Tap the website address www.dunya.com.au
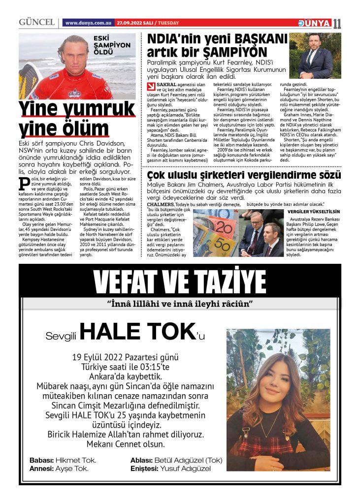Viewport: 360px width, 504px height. click(88, 23)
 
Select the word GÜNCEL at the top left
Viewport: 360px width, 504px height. click(36, 23)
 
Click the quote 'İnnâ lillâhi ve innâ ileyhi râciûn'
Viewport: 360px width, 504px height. click(179, 302)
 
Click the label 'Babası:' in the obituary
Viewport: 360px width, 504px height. click(41, 460)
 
